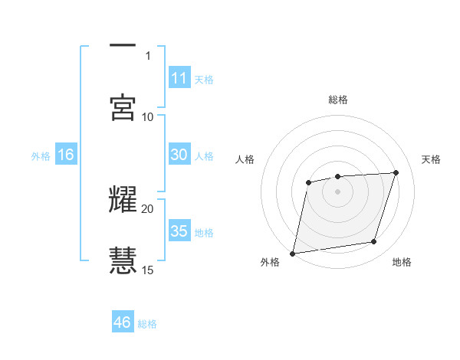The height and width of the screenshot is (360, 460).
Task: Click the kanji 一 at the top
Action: pyautogui.click(x=123, y=46)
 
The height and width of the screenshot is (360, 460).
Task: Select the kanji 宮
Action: pyautogui.click(x=123, y=108)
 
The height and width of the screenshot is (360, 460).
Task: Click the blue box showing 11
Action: pyautogui.click(x=179, y=78)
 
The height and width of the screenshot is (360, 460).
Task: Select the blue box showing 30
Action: pyautogui.click(x=179, y=155)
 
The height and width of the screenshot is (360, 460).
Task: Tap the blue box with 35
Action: pyautogui.click(x=179, y=231)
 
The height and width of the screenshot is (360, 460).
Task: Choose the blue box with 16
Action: pyautogui.click(x=65, y=155)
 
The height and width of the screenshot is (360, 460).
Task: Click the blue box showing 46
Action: pyautogui.click(x=122, y=322)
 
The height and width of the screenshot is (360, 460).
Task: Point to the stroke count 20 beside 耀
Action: pyautogui.click(x=148, y=208)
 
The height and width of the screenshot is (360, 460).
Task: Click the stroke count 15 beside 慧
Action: pyautogui.click(x=148, y=270)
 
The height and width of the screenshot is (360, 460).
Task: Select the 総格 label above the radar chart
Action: pyautogui.click(x=338, y=100)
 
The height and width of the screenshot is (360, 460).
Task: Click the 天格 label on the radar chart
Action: pyautogui.click(x=432, y=159)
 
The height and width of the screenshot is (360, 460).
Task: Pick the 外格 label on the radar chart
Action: pyautogui.click(x=270, y=262)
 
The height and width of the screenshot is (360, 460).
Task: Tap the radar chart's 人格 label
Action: pyautogui.click(x=245, y=159)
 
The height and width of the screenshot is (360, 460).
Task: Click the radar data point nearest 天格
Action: pyautogui.click(x=396, y=172)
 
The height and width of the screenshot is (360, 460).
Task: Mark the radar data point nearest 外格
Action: pyautogui.click(x=293, y=253)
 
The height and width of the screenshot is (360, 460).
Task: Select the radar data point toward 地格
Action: pyautogui.click(x=374, y=242)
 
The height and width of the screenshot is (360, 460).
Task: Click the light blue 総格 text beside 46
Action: pyautogui.click(x=147, y=324)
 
